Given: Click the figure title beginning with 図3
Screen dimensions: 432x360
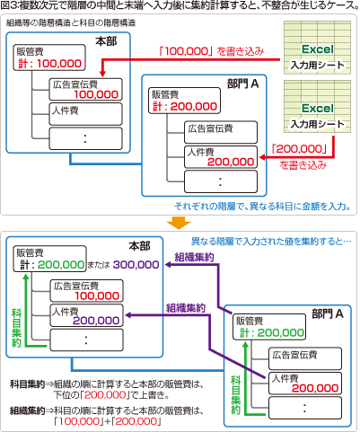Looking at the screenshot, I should tap(180, 6).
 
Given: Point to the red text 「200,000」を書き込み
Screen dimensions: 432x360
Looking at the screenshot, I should tap(305, 158).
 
